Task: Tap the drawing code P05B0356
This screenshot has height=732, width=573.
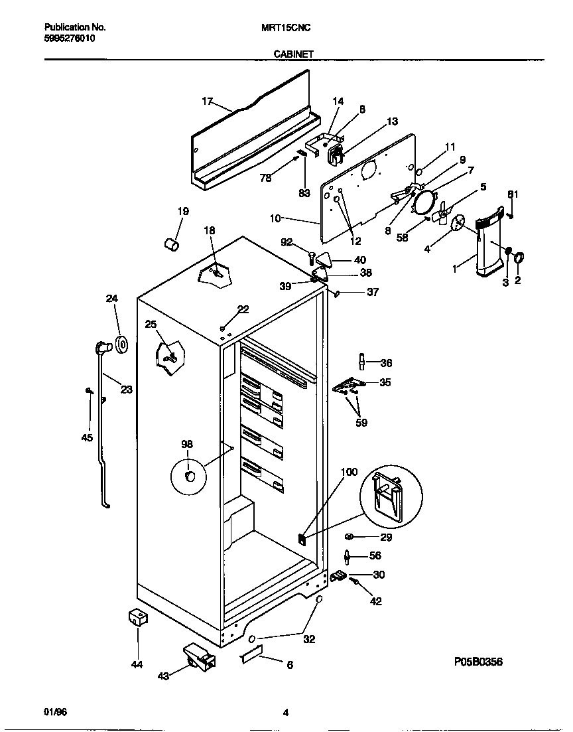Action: coord(478,662)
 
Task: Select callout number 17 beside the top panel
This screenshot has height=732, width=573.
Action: coord(207,102)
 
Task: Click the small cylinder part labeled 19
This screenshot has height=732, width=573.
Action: coord(171,245)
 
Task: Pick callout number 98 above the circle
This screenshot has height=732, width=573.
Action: coord(187,444)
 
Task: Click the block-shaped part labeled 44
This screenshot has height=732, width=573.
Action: coord(138,618)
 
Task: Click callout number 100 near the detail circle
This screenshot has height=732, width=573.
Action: coord(349,473)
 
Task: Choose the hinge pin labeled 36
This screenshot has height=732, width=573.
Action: coord(362,362)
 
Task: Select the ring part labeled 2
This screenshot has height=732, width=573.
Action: coord(519,257)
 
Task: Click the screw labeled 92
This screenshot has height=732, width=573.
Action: coord(310,254)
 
